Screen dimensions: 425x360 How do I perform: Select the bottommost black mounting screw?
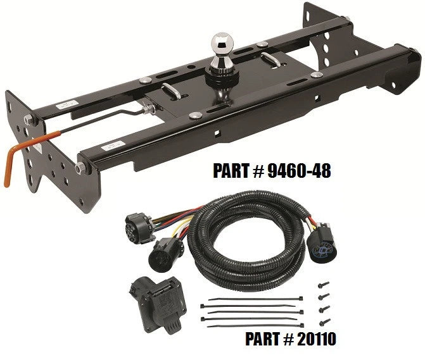tap(325, 322)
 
